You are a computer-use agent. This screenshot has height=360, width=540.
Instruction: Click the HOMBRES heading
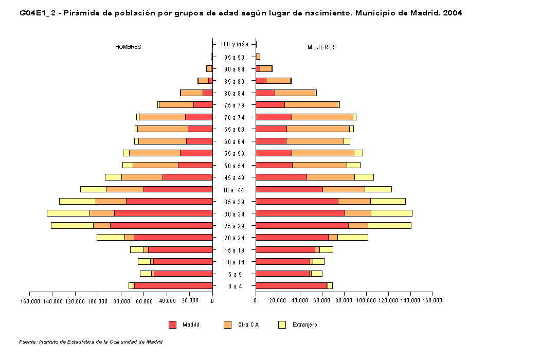(128, 47)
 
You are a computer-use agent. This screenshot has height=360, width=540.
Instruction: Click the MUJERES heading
(322, 47)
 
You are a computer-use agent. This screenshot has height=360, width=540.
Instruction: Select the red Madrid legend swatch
(172, 325)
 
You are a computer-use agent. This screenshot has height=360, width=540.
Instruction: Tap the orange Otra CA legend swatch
(228, 325)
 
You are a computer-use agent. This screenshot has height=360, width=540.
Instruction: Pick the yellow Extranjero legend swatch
(282, 325)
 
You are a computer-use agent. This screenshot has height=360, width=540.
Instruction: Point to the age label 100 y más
(234, 44)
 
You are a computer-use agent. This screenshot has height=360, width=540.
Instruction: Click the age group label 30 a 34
(234, 213)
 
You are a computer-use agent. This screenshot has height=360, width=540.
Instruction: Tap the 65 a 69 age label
(234, 129)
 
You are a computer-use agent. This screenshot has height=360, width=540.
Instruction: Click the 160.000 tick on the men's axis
(30, 300)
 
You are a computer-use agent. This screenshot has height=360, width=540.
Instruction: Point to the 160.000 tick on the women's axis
(433, 300)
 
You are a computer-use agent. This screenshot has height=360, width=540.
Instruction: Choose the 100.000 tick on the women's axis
(366, 300)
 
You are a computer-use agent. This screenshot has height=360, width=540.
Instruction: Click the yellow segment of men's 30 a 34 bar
(68, 213)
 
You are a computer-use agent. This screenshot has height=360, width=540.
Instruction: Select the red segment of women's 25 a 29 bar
(302, 225)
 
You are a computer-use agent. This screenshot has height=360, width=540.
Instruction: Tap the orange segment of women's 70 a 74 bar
(322, 117)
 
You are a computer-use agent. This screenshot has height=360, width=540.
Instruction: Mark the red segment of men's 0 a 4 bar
(173, 285)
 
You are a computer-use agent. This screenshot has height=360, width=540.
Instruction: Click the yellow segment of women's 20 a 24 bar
(352, 237)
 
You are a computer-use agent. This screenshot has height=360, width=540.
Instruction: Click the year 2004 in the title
(453, 13)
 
